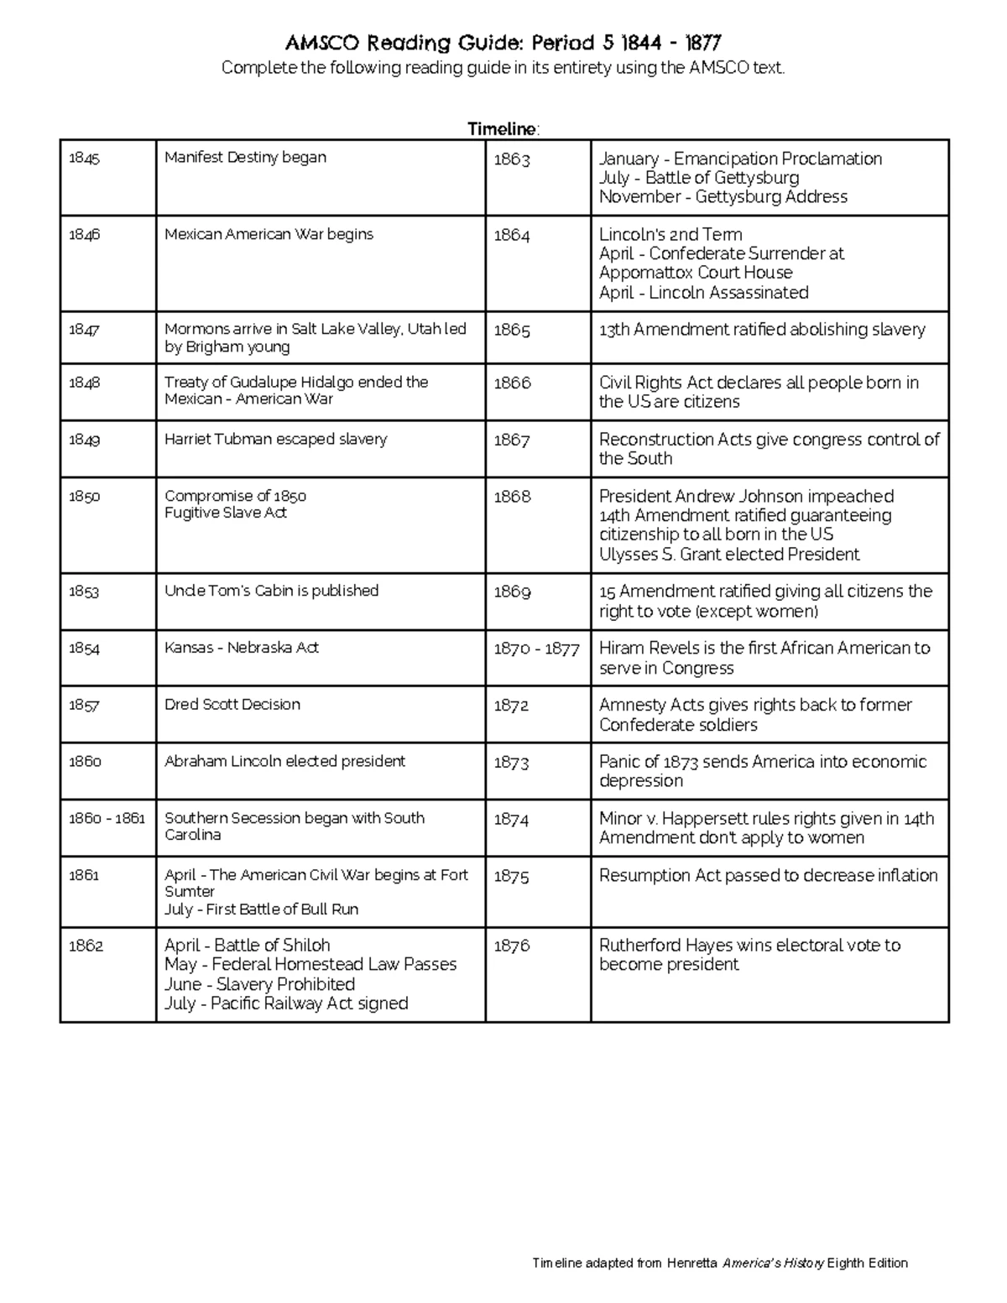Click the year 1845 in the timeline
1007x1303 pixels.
pos(84,158)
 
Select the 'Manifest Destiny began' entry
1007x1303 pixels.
pos(245,157)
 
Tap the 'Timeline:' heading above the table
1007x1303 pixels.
pos(503,129)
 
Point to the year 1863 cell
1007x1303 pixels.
pos(511,159)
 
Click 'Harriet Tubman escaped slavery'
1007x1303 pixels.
pos(275,439)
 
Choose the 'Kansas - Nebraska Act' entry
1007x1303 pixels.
pos(241,648)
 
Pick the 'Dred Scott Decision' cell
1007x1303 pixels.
pos(232,705)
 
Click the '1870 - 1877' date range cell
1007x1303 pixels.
pos(536,649)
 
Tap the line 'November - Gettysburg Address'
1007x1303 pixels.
pos(723,197)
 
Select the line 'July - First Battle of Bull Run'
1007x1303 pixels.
pos(261,909)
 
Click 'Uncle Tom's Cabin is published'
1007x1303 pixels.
pos(271,591)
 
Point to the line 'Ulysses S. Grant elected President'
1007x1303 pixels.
pos(728,555)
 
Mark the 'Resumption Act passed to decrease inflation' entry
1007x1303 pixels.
pos(768,876)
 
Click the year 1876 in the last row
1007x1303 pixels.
pos(511,946)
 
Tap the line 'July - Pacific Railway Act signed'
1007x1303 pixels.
pos(286,1003)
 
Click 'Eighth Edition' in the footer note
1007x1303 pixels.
pos(867,1264)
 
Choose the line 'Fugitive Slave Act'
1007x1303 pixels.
pos(225,513)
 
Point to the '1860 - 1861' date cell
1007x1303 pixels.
pos(107,818)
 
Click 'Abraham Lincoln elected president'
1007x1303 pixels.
pos(284,761)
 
